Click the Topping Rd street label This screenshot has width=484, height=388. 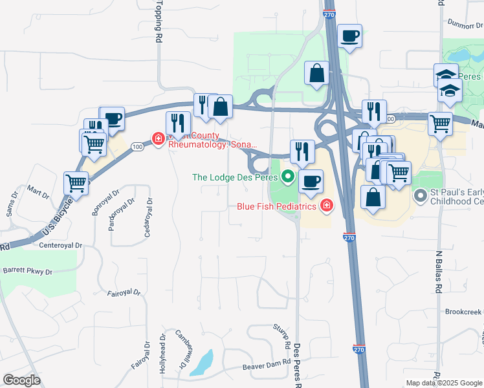(x=157, y=21)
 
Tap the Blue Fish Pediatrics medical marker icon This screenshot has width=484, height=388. (x=327, y=206)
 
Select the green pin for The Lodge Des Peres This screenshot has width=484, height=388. (x=288, y=176)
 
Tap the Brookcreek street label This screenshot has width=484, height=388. (x=463, y=311)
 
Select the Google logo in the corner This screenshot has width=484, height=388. (x=21, y=380)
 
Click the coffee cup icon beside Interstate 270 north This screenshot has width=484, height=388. (x=349, y=36)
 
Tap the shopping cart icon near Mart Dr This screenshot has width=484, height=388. (x=76, y=183)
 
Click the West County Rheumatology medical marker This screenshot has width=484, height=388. (x=157, y=138)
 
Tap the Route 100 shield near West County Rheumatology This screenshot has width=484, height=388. (x=137, y=147)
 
